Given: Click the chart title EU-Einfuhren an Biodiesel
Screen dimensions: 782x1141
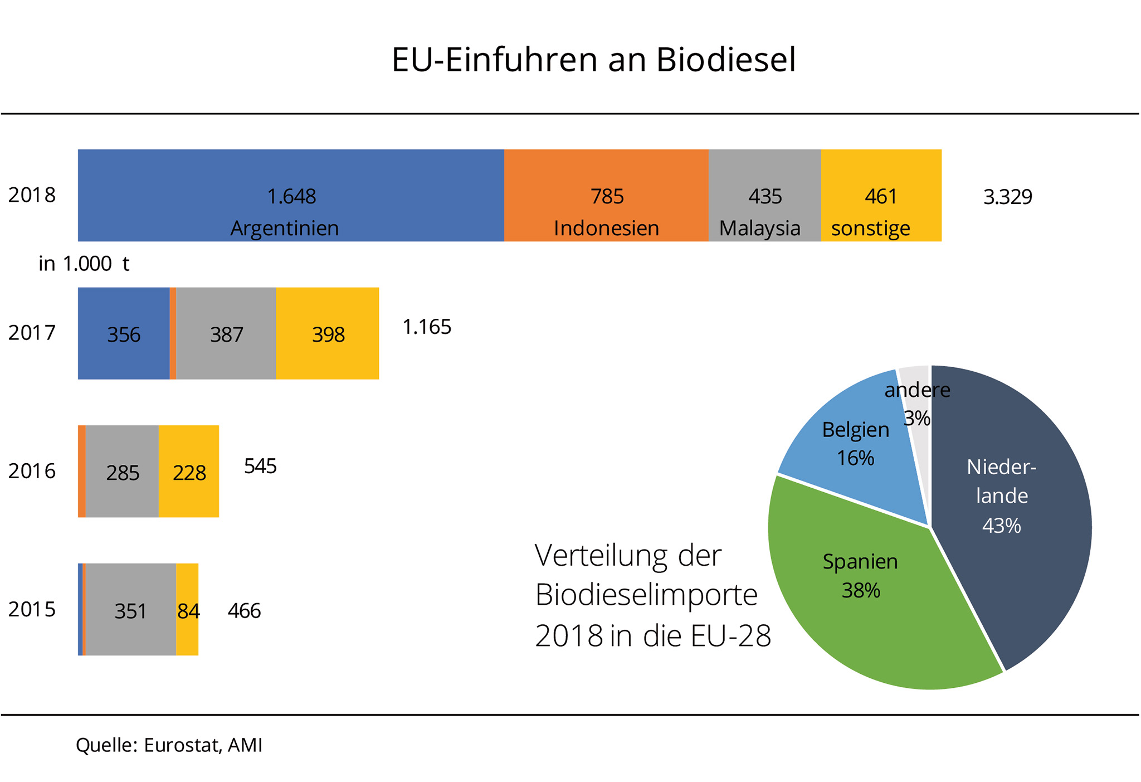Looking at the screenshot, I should pyautogui.click(x=593, y=60).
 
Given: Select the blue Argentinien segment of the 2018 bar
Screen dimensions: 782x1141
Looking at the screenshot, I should pyautogui.click(x=291, y=195).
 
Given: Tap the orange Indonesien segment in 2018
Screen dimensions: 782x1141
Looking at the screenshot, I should pyautogui.click(x=606, y=195).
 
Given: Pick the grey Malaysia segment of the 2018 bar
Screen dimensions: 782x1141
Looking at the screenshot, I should pyautogui.click(x=764, y=195).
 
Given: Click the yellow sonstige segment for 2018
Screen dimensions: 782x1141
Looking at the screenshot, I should pyautogui.click(x=881, y=195).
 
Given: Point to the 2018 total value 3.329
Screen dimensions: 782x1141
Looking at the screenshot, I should pyautogui.click(x=1007, y=197).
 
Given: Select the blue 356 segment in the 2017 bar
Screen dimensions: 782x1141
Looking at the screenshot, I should pyautogui.click(x=124, y=333).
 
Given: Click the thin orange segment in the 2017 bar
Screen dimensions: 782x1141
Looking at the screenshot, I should pyautogui.click(x=173, y=333).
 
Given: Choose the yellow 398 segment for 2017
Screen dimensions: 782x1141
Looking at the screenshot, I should pyautogui.click(x=328, y=333).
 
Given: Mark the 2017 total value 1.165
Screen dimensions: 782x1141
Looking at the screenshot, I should pyautogui.click(x=426, y=327).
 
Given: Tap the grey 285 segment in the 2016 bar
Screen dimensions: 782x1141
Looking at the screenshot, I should pyautogui.click(x=122, y=472).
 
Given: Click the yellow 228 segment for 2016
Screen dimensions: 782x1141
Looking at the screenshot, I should pyautogui.click(x=189, y=472).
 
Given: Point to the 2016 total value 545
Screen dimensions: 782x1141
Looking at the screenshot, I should pyautogui.click(x=260, y=466).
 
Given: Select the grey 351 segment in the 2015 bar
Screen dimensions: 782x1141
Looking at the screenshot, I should pyautogui.click(x=130, y=610).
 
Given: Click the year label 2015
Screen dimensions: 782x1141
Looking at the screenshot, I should pyautogui.click(x=32, y=610).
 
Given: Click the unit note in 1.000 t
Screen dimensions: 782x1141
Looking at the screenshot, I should pyautogui.click(x=84, y=264).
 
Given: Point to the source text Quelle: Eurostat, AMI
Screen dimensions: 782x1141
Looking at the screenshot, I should pyautogui.click(x=169, y=745).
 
